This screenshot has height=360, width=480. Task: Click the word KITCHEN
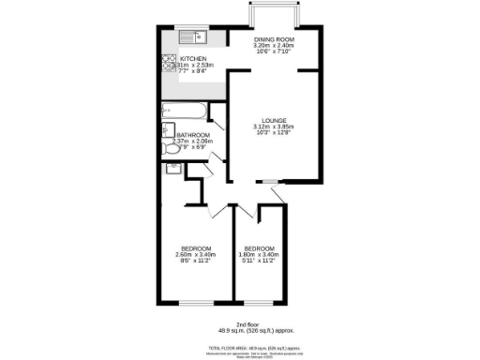[x=193, y=58]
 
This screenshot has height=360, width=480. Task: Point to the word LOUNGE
[x=274, y=120]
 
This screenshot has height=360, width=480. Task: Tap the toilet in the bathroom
[x=174, y=168]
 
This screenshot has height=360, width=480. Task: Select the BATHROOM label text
[x=193, y=135]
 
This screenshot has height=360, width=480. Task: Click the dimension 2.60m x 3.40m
[x=195, y=253]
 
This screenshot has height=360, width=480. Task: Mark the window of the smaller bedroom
[x=263, y=303]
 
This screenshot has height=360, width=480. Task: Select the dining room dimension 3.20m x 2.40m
[x=274, y=45]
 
